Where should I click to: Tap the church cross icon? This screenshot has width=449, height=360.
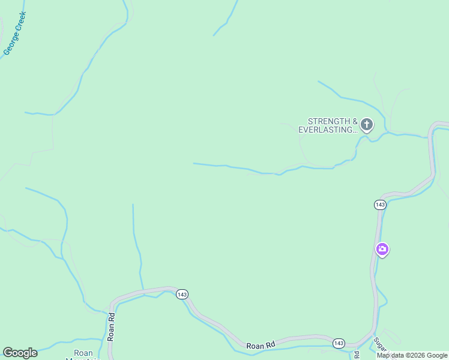366,125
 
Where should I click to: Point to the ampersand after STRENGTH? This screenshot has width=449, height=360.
354,121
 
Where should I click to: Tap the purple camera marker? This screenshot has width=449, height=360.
382,249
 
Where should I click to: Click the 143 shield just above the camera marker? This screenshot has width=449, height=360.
379,205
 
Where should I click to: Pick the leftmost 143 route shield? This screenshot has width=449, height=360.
182,294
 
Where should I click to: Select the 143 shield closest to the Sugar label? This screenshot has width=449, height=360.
339,343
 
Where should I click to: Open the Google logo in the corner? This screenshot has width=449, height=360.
20,353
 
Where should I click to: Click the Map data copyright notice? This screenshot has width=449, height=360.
412,355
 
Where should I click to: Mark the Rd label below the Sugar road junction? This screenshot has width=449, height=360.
357,354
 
